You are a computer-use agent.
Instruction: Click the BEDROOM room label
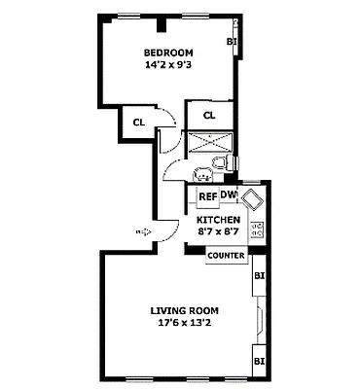click(x=168, y=53)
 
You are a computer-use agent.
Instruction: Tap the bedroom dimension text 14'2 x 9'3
click(x=168, y=67)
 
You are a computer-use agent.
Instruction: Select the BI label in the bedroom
click(x=232, y=42)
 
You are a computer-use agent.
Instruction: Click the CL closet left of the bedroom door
click(x=138, y=123)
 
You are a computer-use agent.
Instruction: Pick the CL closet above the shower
click(x=209, y=116)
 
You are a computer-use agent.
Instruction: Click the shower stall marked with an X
click(x=207, y=141)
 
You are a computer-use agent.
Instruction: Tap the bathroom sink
click(x=202, y=175)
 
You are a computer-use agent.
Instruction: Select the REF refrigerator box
click(x=207, y=196)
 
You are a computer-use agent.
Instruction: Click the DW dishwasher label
click(x=229, y=195)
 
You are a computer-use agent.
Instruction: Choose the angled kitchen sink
click(x=252, y=201)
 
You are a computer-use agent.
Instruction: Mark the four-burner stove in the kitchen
click(x=258, y=231)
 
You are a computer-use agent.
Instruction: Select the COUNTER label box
click(x=226, y=255)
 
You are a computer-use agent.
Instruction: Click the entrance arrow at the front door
click(x=142, y=231)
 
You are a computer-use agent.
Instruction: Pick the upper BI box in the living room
click(x=259, y=275)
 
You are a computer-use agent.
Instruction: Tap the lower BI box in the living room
click(x=259, y=361)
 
